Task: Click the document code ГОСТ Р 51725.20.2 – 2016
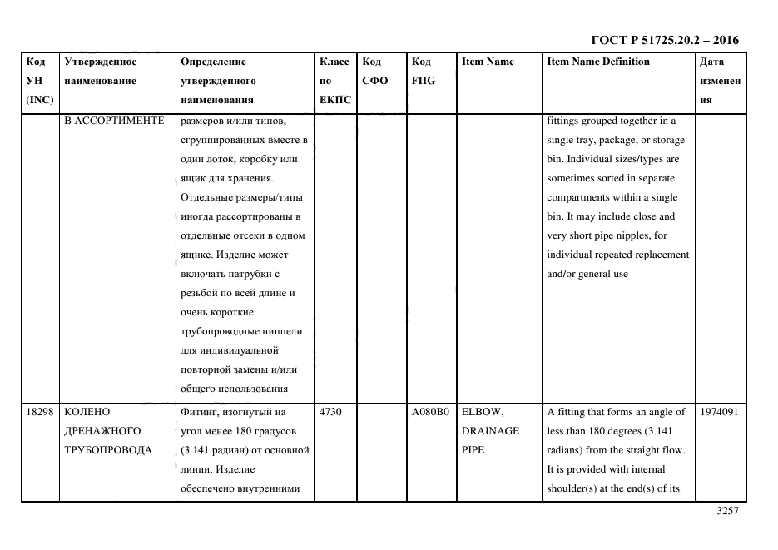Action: click(x=664, y=40)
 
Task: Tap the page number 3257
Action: click(x=727, y=512)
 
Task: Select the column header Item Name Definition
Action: click(x=597, y=62)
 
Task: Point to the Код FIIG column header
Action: click(x=423, y=72)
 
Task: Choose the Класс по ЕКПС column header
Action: click(x=334, y=81)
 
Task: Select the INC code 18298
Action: click(x=39, y=412)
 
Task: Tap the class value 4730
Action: click(x=330, y=412)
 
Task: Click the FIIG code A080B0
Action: click(x=430, y=412)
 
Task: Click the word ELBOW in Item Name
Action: click(x=483, y=412)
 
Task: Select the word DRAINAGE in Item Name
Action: click(x=490, y=431)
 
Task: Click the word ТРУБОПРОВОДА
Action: click(x=107, y=450)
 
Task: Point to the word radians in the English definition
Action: click(x=566, y=450)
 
